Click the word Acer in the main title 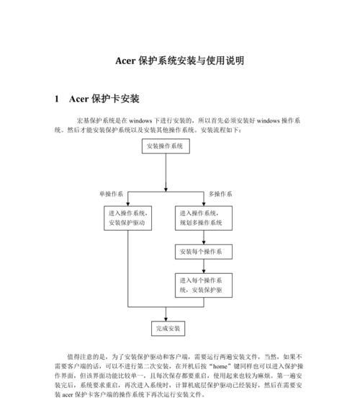[125, 61]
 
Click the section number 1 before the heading [57, 99]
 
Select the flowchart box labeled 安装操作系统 [166, 146]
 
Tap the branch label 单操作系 [111, 194]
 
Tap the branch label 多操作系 [220, 194]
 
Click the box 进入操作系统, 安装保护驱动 [127, 218]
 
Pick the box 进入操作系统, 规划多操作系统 [204, 218]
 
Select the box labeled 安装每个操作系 [204, 252]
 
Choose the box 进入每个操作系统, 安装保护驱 [204, 285]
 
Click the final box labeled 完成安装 [168, 329]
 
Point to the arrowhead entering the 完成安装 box [166, 319]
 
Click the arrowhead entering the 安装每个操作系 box [204, 242]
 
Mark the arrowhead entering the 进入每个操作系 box [204, 271]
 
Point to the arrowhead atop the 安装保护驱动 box [127, 204]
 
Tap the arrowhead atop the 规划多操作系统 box [204, 204]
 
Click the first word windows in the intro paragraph [140, 120]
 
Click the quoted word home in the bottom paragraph [220, 366]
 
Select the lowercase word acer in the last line [68, 395]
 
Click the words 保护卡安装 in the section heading [115, 99]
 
